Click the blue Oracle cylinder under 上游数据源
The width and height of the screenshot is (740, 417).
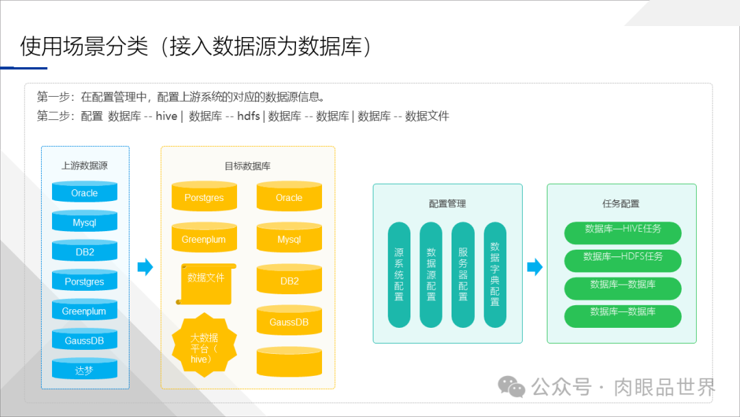point(84,193)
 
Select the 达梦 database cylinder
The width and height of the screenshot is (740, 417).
point(84,370)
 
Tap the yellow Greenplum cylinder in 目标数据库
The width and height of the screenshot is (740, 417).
point(203,239)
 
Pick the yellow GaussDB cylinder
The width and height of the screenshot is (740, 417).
point(289,322)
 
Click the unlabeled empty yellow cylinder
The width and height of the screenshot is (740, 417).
point(289,361)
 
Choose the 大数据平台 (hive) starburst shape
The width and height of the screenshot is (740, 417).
point(203,346)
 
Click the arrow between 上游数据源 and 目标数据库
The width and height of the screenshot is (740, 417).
point(145,267)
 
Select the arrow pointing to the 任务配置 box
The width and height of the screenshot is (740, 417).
point(534,267)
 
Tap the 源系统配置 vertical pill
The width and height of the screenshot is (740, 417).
point(399,274)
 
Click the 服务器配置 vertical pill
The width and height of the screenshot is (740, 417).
point(463,274)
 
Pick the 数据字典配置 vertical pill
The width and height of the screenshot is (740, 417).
point(495,274)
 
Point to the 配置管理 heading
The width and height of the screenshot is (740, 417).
point(447,204)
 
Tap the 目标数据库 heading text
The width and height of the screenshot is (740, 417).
point(247,166)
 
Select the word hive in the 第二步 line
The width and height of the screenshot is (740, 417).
point(166,116)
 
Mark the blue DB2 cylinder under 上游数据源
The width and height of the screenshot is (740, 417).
point(84,252)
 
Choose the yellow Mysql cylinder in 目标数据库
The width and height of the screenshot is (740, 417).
point(289,239)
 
